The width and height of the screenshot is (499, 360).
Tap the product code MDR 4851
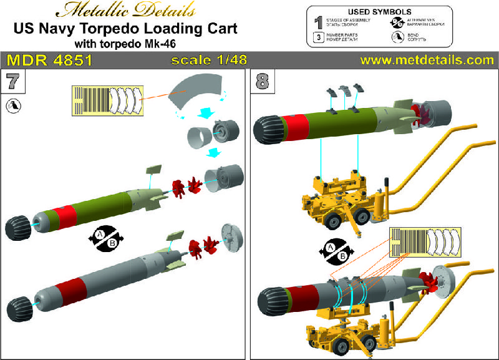click(x=50, y=61)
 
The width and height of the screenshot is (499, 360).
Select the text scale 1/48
click(x=210, y=61)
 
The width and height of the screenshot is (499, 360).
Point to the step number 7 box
click(x=12, y=80)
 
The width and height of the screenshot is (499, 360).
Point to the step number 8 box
click(x=260, y=80)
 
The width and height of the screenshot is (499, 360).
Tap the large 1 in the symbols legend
click(x=318, y=23)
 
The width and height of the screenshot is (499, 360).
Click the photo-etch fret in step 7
click(x=103, y=100)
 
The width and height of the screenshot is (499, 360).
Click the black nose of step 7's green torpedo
click(x=18, y=226)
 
